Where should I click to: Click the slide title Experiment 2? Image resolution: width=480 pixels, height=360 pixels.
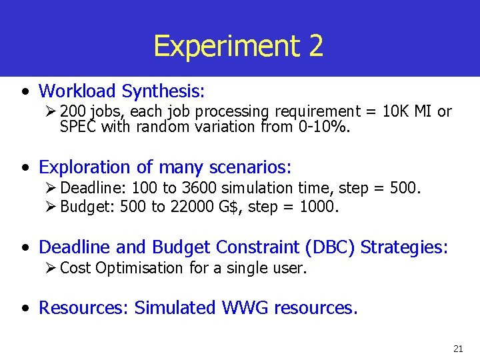(239, 46)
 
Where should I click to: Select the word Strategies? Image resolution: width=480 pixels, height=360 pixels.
(404, 247)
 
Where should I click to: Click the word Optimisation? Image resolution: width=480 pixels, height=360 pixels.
(139, 268)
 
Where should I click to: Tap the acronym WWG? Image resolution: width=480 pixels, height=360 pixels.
(246, 308)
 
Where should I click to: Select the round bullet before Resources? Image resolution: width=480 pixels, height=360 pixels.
(25, 309)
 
